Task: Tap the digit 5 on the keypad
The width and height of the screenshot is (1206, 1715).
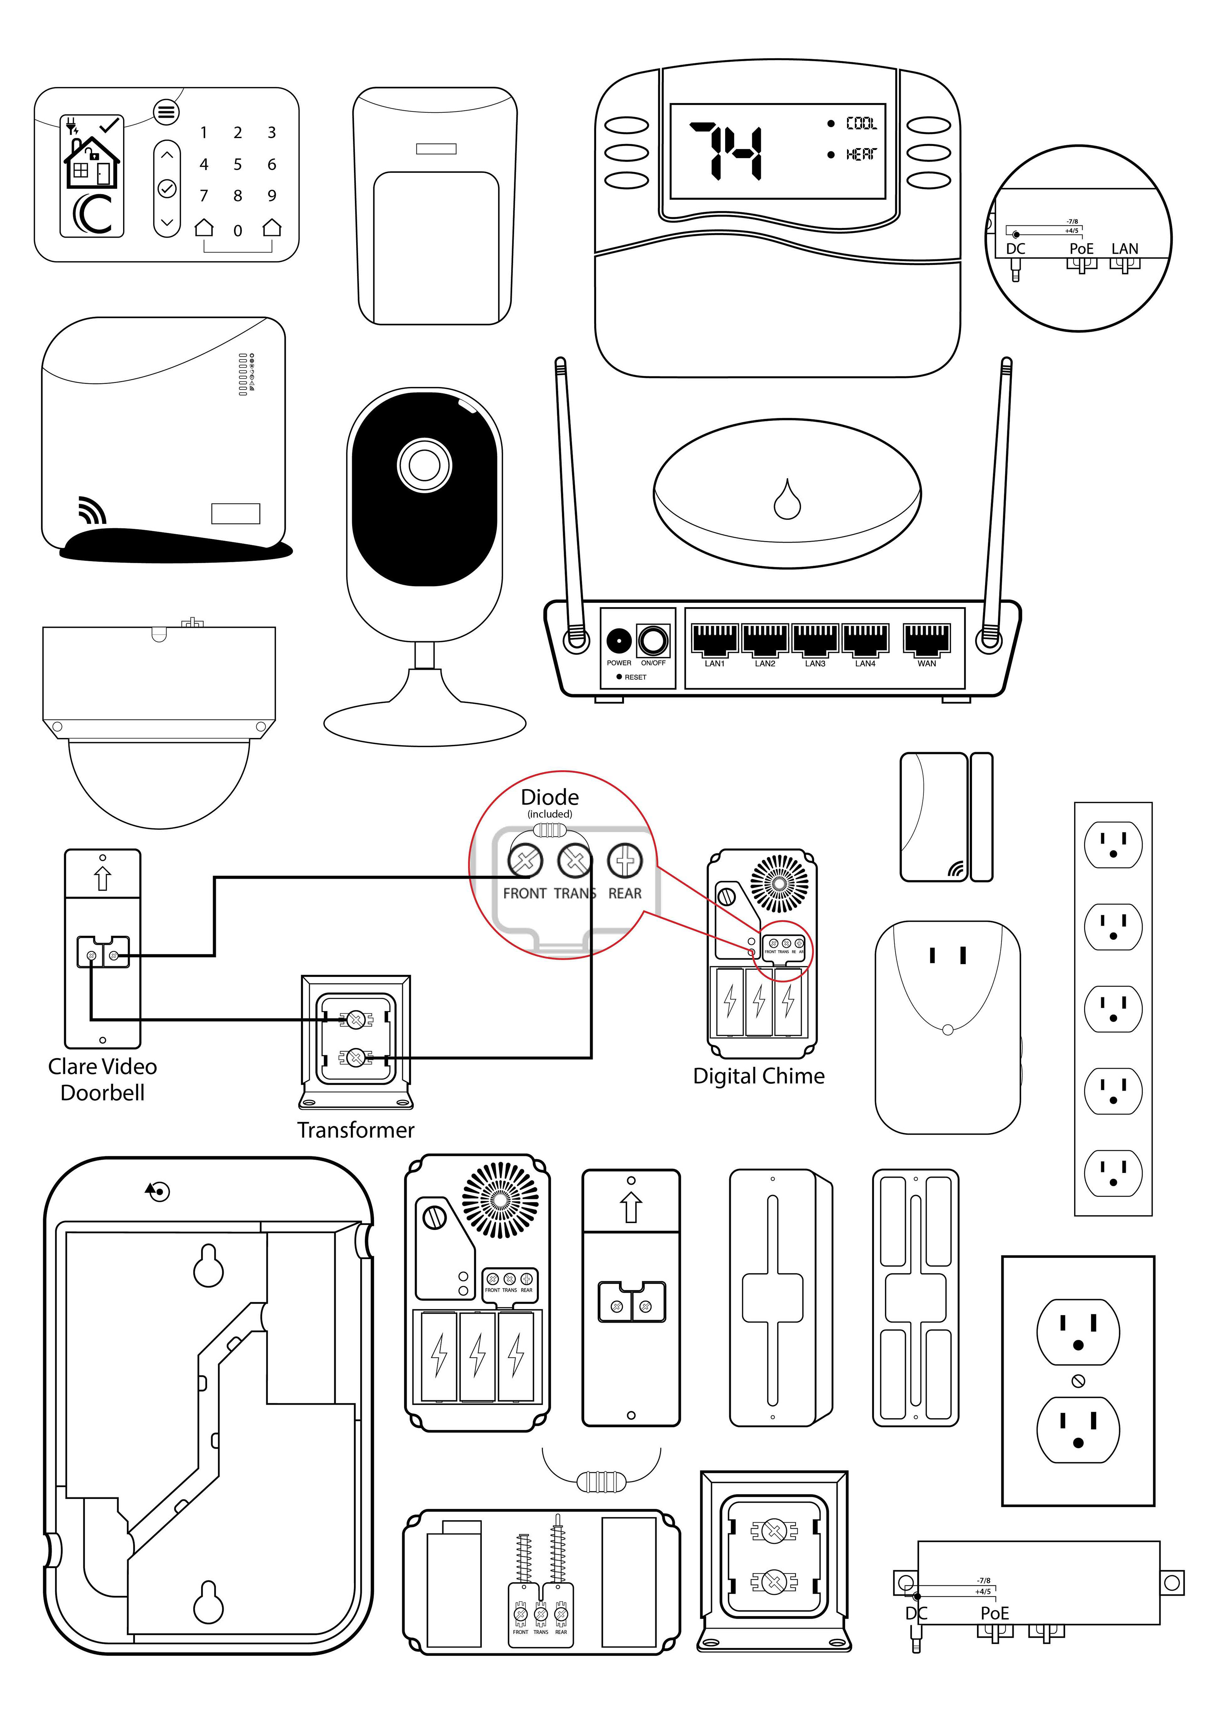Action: coord(238,164)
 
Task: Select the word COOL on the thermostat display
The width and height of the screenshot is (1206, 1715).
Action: coord(861,123)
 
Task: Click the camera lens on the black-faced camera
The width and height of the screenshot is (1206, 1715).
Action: coord(424,465)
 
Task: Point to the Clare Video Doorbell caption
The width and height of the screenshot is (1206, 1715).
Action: coord(102,1079)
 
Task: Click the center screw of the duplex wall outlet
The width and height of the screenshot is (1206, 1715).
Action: coord(1078,1381)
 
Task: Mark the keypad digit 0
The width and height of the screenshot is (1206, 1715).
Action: coord(238,231)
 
